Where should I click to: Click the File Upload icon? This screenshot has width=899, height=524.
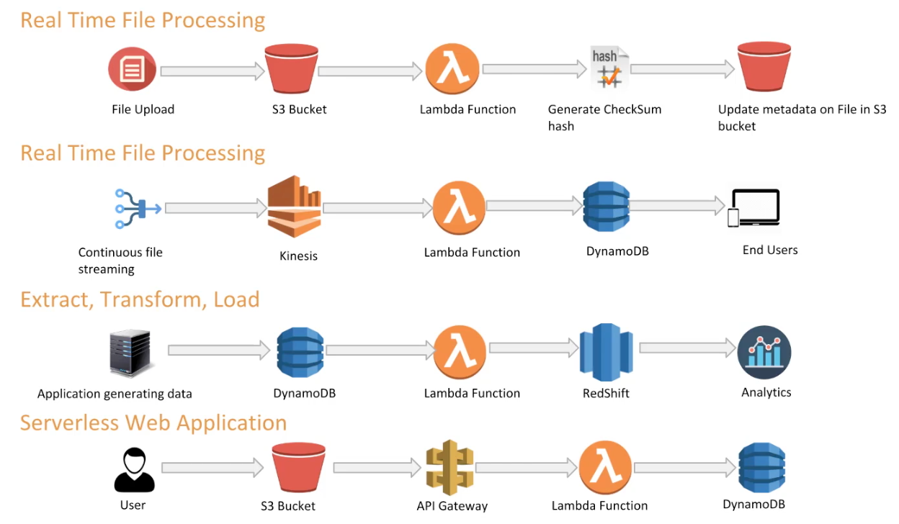(132, 70)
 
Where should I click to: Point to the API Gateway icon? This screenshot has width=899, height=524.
(449, 469)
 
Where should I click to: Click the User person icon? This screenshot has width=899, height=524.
(134, 470)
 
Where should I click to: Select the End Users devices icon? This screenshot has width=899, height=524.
(753, 209)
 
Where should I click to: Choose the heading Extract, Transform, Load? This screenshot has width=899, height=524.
(140, 299)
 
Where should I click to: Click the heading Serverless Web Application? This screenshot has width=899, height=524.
(153, 423)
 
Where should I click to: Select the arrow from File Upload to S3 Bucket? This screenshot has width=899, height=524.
(213, 71)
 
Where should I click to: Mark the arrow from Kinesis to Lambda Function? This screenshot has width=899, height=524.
(378, 208)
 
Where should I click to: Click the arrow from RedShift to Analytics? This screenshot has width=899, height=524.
(686, 348)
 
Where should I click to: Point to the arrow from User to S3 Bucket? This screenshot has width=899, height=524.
(213, 468)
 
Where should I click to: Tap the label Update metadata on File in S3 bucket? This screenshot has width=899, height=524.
(802, 117)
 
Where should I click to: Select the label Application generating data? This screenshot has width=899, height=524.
(115, 394)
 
